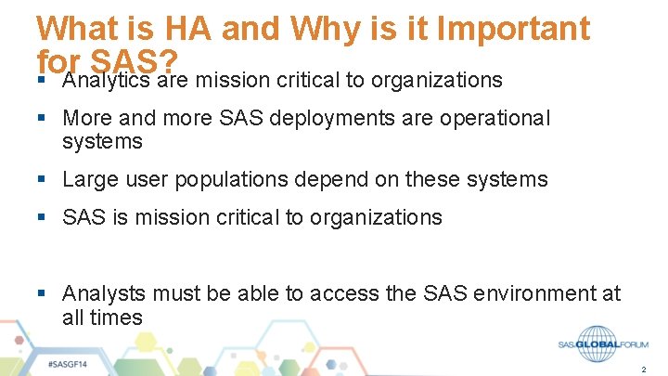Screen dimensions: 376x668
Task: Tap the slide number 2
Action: click(643, 370)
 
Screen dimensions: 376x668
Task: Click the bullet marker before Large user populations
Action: click(43, 179)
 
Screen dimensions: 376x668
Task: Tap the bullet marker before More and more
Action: click(43, 119)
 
